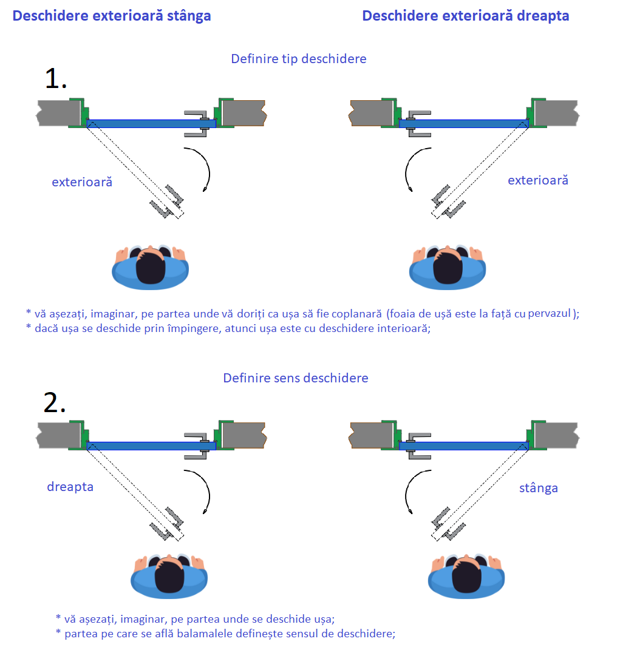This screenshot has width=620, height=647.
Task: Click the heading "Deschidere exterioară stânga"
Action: [x=112, y=16]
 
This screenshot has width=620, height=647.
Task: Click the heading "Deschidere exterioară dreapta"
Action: [x=465, y=16]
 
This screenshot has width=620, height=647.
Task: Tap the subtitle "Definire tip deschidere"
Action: [x=298, y=59]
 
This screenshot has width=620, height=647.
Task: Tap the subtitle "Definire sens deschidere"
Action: [x=296, y=378]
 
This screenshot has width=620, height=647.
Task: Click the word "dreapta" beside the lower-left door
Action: [x=70, y=487]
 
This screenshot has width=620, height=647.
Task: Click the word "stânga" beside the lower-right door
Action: [x=538, y=488]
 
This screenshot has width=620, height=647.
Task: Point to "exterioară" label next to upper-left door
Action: [x=82, y=181]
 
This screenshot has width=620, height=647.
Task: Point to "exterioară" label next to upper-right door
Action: [x=537, y=180]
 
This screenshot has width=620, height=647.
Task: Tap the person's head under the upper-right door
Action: [x=448, y=267]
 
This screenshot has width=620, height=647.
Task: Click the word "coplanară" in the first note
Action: [x=354, y=314]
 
